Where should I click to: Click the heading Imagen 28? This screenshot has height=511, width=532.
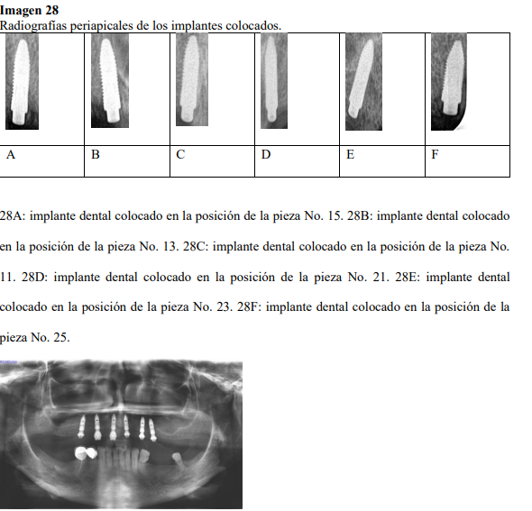tap(29, 10)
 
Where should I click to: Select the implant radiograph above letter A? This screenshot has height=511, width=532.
tap(22, 81)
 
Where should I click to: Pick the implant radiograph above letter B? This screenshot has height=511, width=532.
tap(110, 80)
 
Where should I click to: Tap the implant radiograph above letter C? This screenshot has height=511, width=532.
tap(192, 79)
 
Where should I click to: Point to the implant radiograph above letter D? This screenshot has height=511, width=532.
tap(274, 81)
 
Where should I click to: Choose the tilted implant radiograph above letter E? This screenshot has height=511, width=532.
tap(363, 82)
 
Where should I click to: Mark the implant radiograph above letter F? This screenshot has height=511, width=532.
tap(449, 82)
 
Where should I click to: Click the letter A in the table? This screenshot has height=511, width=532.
tap(11, 155)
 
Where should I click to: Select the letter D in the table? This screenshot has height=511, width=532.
tap(266, 155)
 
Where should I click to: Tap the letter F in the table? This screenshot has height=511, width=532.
tap(435, 155)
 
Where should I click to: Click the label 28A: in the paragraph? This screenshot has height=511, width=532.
tap(13, 216)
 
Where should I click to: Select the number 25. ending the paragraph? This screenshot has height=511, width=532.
tap(61, 338)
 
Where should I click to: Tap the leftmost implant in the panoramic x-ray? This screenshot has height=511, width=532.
tap(81, 426)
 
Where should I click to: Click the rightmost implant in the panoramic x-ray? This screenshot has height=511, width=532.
tap(152, 430)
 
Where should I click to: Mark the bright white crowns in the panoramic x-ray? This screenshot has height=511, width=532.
tap(85, 453)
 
